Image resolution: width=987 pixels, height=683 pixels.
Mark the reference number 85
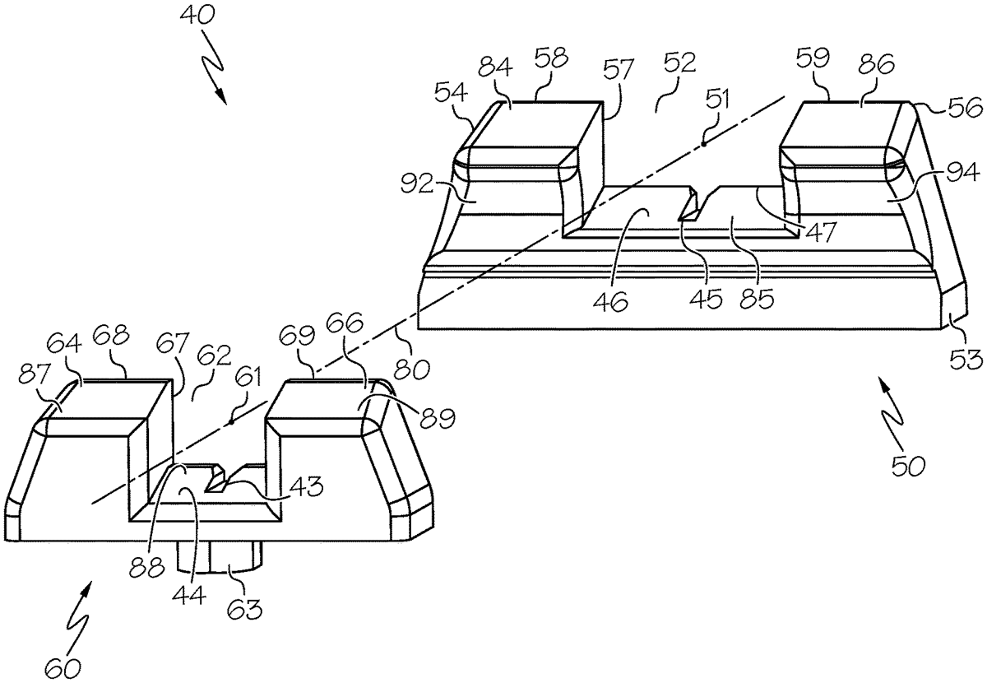tap(757, 300)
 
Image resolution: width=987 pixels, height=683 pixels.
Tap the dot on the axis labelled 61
tap(233, 422)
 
